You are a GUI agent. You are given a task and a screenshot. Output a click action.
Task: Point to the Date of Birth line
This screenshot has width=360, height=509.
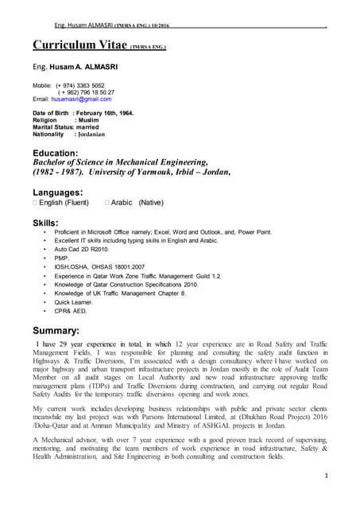click(83, 113)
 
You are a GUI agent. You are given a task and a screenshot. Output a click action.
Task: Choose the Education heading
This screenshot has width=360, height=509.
click(55, 152)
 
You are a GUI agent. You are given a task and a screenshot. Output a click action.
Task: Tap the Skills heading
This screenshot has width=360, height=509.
click(45, 222)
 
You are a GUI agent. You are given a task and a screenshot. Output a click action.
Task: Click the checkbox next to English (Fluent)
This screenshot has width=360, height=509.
click(36, 204)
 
